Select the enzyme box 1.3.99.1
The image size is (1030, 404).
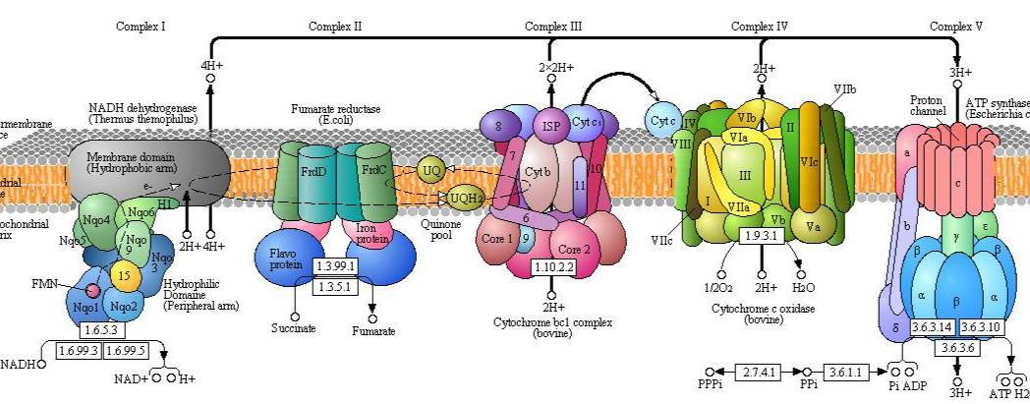click(x=336, y=267)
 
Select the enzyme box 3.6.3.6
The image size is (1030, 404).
click(x=956, y=347)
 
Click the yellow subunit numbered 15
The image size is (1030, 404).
click(x=124, y=275)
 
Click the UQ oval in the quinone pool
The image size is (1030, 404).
click(x=431, y=170)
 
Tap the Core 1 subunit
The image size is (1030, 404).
click(x=497, y=239)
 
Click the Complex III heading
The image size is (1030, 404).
click(x=555, y=27)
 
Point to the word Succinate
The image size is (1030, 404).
click(x=294, y=328)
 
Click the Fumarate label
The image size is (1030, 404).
click(x=373, y=331)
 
